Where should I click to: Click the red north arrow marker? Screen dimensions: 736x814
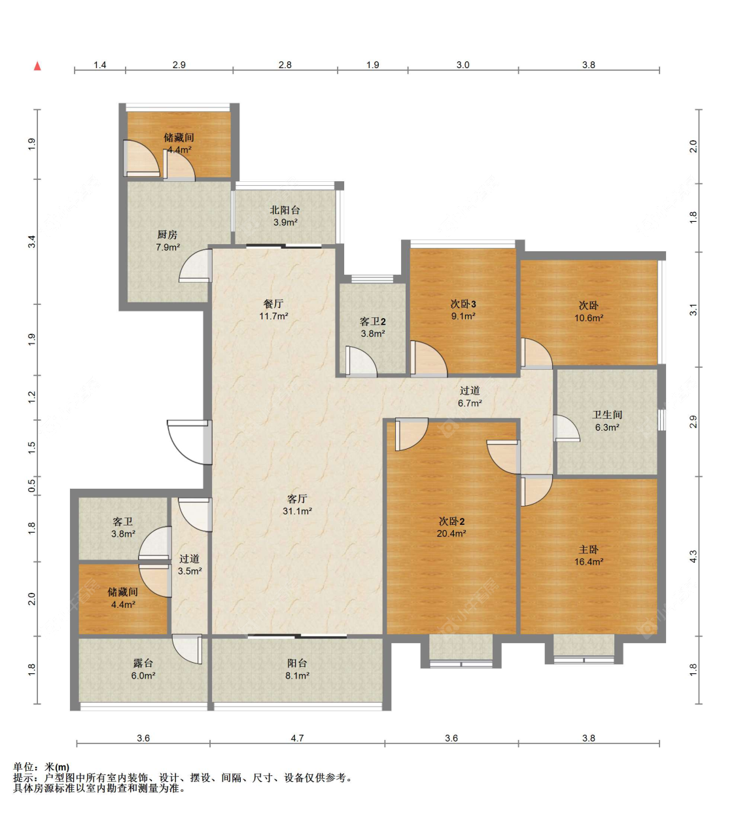tap(37, 65)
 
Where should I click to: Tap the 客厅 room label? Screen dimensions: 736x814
tap(297, 498)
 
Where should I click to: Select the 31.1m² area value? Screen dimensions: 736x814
tap(297, 511)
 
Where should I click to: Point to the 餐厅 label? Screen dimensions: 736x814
tap(273, 304)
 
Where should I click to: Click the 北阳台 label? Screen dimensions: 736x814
tap(285, 210)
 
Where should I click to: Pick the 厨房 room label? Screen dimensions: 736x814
tap(167, 234)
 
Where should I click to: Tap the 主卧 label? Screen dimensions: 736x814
tap(588, 550)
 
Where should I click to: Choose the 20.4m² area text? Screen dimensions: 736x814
tap(451, 533)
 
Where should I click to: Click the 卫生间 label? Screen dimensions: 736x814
tap(607, 414)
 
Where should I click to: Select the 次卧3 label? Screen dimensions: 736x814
tap(463, 304)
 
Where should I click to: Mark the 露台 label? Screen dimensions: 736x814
tap(143, 663)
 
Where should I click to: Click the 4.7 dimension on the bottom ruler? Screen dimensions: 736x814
tap(297, 737)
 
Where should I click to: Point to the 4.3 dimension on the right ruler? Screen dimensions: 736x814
tap(693, 556)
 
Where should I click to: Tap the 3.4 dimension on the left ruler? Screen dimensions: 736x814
tap(31, 241)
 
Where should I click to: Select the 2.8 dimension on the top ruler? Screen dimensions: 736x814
tap(285, 65)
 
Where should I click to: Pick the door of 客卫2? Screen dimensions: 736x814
tap(360, 361)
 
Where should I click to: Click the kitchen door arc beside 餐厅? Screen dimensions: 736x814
tap(196, 265)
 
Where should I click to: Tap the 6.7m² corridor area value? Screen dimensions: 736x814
tap(470, 403)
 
